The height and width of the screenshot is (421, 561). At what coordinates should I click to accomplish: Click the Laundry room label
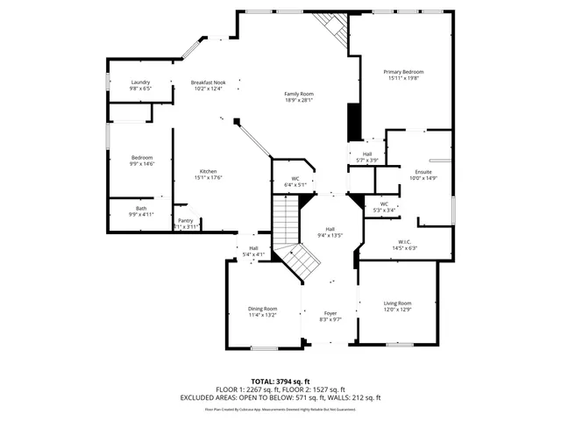140,82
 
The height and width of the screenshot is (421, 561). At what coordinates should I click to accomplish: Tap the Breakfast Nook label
208,82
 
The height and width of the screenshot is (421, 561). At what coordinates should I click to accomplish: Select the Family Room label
299,94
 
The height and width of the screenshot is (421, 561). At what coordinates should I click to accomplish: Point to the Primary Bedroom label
404,72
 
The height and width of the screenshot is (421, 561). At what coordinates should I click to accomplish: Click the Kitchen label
208,171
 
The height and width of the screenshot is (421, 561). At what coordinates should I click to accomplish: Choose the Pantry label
185,220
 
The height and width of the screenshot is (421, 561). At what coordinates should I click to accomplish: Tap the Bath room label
140,208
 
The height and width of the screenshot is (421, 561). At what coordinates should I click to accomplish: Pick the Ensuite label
423,171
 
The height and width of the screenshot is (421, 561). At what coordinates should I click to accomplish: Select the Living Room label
398,303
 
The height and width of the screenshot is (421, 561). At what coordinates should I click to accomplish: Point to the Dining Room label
262,309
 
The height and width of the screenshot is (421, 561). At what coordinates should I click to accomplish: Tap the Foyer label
330,313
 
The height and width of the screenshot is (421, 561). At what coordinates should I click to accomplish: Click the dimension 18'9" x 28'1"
299,100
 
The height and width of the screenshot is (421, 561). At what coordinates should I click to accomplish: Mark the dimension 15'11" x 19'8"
404,78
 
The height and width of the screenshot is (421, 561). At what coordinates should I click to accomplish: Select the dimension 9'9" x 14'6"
142,164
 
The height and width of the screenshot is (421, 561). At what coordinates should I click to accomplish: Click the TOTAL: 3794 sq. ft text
280,382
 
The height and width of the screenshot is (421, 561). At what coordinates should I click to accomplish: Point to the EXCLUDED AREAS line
280,397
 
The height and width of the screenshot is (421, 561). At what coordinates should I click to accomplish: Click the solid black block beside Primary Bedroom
353,122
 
